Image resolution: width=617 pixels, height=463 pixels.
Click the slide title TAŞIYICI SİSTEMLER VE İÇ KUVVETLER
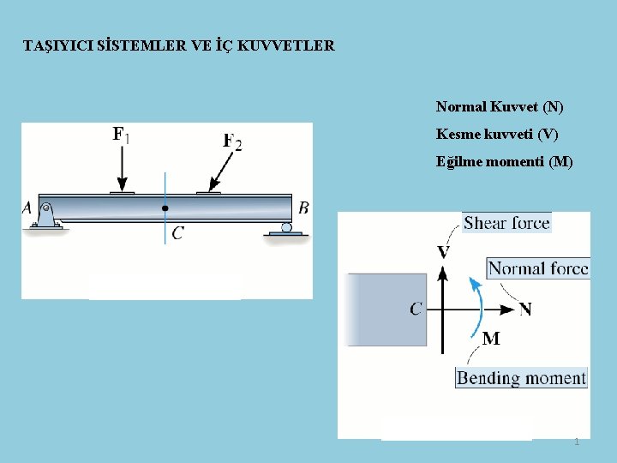click(179, 45)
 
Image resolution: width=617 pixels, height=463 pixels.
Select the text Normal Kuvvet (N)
click(500, 107)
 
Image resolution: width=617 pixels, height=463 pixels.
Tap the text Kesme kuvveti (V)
click(497, 134)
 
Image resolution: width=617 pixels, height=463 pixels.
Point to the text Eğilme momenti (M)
click(505, 161)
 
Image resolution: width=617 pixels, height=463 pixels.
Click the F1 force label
click(122, 135)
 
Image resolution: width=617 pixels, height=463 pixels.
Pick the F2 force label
click(232, 141)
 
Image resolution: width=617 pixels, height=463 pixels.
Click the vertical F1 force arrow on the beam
click(123, 168)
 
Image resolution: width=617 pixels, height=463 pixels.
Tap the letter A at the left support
click(27, 207)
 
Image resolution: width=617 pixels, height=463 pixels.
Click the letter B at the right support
click(303, 207)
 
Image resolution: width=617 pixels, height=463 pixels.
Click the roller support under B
click(286, 229)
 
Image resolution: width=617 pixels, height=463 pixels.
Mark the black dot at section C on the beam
click(165, 207)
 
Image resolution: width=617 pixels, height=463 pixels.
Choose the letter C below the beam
click(177, 232)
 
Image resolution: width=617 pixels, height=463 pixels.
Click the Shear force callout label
click(506, 223)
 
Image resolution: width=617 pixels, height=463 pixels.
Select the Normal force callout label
click(538, 268)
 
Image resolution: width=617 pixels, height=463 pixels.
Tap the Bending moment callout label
click(522, 378)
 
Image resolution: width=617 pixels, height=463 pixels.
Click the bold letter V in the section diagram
click(443, 252)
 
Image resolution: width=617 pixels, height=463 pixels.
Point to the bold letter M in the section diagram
click(491, 339)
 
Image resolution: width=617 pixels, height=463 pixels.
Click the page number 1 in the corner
click(577, 442)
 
